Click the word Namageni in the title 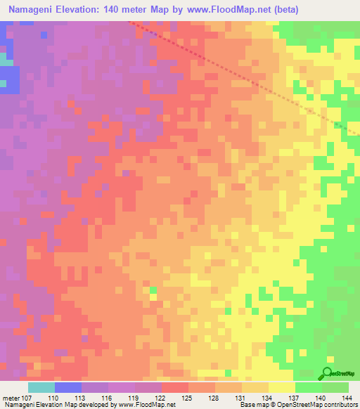click(36, 10)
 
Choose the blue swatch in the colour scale click(68, 387)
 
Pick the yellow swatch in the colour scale click(282, 387)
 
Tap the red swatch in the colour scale click(175, 387)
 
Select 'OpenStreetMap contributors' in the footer click(323, 405)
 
